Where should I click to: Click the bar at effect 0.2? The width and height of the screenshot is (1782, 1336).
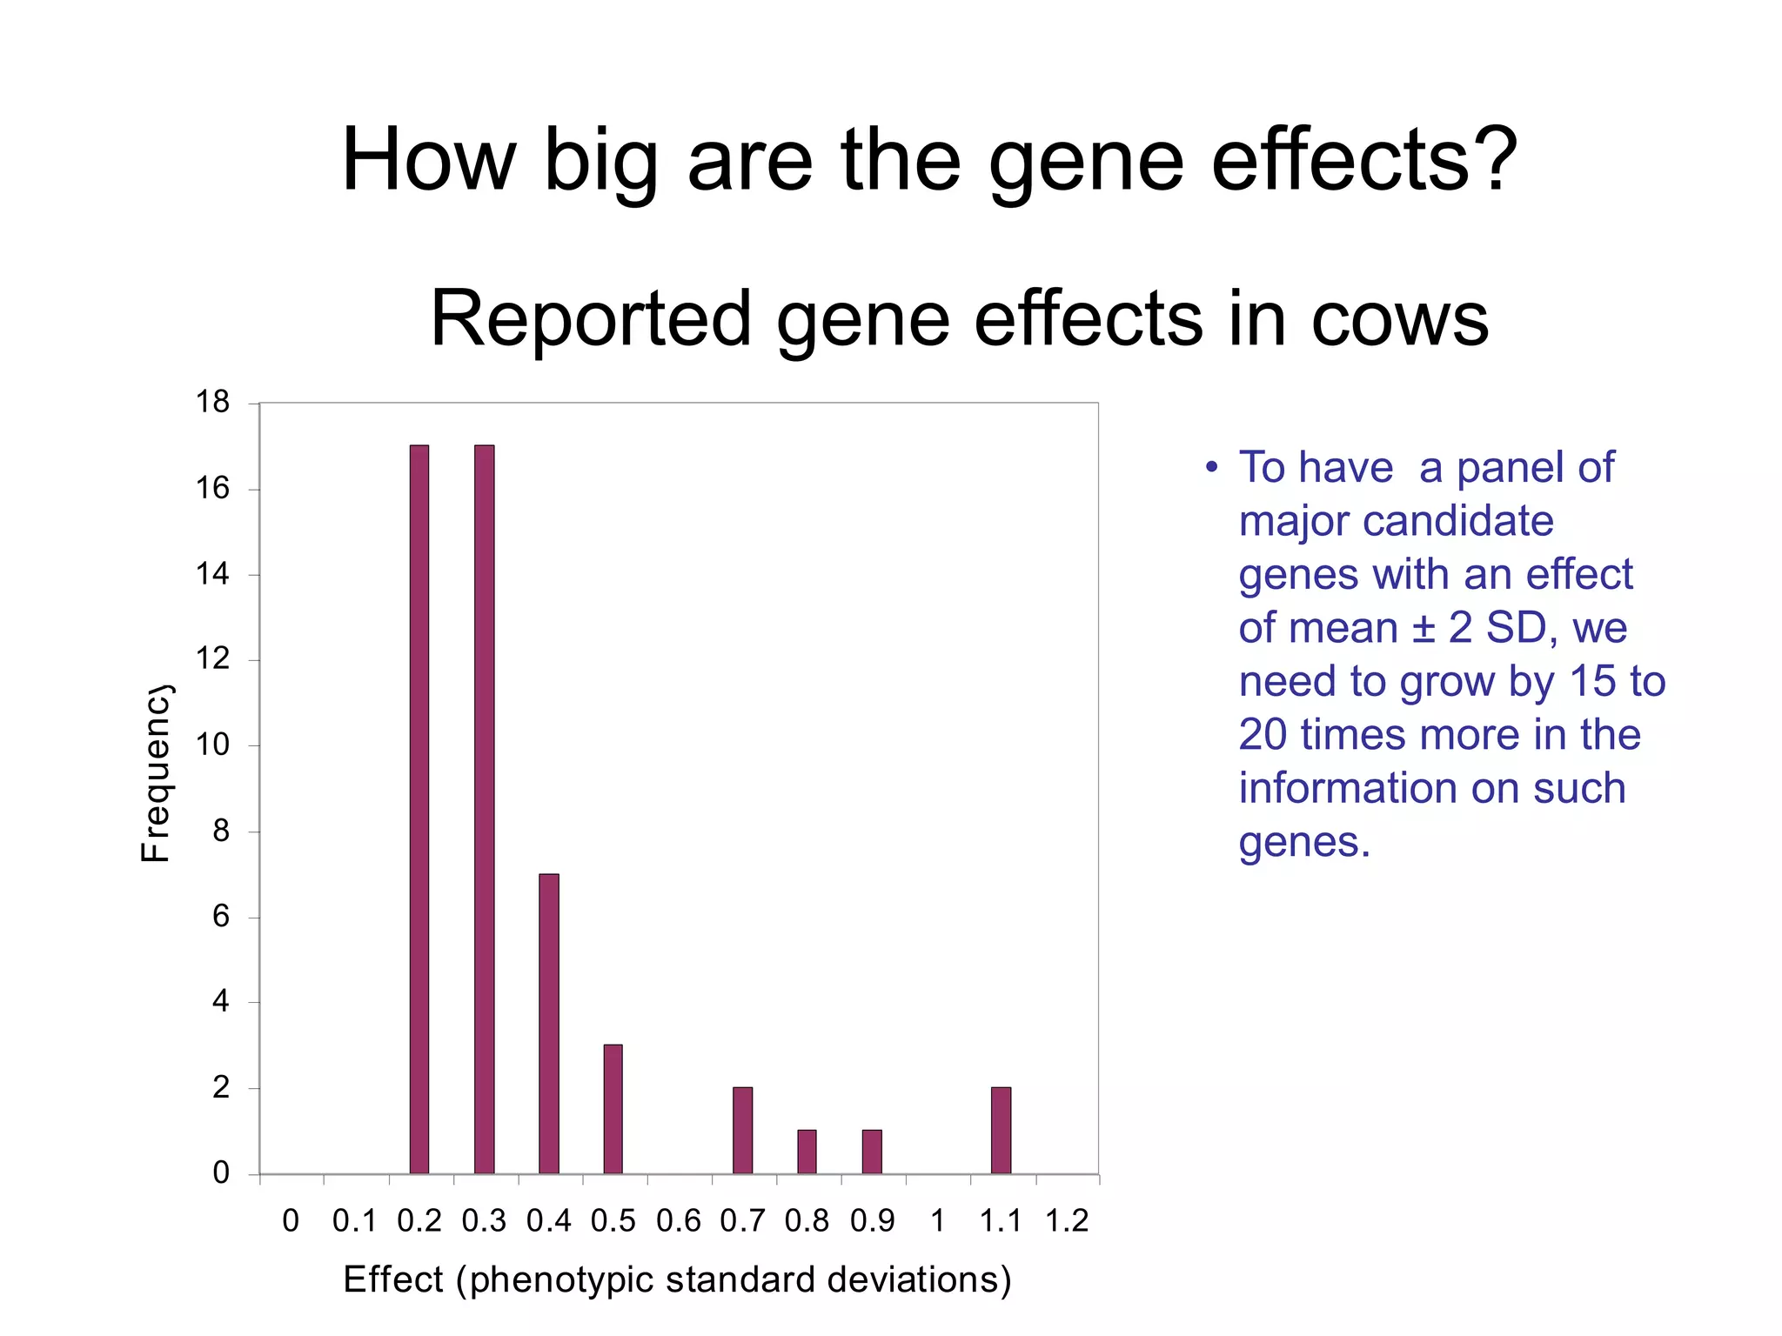419,809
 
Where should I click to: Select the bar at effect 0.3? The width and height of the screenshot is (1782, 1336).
484,809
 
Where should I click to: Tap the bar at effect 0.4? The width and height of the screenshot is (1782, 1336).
548,1024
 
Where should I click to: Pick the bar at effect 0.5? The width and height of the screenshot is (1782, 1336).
613,1109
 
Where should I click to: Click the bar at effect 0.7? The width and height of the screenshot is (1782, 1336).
742,1130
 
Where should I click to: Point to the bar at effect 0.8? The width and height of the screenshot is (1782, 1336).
807,1152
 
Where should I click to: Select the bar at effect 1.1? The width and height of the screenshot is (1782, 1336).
1001,1130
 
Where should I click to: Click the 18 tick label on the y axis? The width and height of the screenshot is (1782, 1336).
212,402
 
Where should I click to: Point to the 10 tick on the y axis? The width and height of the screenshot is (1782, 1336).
212,745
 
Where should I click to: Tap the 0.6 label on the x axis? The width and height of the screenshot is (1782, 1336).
678,1221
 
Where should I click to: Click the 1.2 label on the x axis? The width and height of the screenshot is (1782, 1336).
1066,1221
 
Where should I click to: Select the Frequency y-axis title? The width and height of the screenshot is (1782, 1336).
156,774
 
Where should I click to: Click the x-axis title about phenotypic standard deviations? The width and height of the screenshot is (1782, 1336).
677,1279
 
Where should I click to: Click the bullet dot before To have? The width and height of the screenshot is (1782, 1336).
1211,468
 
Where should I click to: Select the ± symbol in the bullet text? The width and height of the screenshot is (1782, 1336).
1422,628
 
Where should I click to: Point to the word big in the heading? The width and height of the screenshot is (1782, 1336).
600,162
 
